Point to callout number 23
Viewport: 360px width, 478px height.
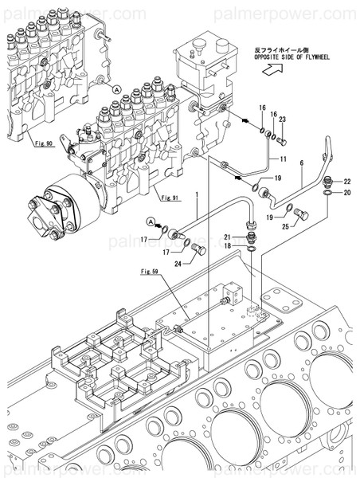[282, 119]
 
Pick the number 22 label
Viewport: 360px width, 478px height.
[346, 182]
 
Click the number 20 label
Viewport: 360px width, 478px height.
[346, 192]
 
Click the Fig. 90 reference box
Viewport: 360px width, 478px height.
[44, 143]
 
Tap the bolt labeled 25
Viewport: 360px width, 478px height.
[300, 214]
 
